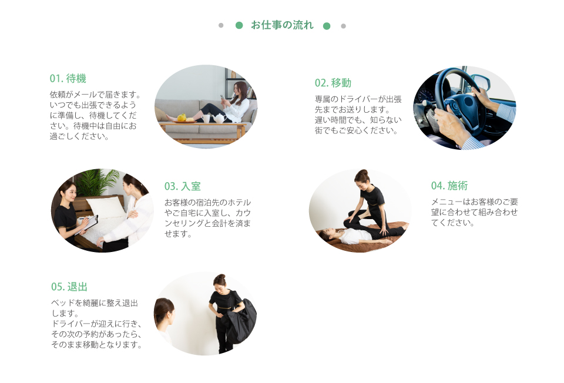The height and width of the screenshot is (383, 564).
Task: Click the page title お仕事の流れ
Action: (x=282, y=25)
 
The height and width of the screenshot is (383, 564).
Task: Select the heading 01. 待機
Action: (x=68, y=78)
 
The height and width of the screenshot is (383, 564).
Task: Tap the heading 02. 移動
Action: (x=333, y=83)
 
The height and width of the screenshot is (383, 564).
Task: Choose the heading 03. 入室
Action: (x=182, y=186)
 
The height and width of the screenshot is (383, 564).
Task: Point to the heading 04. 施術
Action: (x=449, y=186)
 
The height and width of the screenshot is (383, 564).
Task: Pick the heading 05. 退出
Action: (x=69, y=287)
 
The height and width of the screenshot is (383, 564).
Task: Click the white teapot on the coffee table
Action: (x=219, y=118)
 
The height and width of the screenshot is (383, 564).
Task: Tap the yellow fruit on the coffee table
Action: (x=182, y=117)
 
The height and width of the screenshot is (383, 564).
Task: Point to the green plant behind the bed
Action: (x=97, y=182)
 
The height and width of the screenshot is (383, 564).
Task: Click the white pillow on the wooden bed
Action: (x=106, y=208)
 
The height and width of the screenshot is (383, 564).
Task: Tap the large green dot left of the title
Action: (x=239, y=25)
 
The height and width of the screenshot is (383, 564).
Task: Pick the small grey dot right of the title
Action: (x=344, y=26)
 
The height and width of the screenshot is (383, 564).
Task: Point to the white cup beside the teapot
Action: (x=206, y=119)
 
